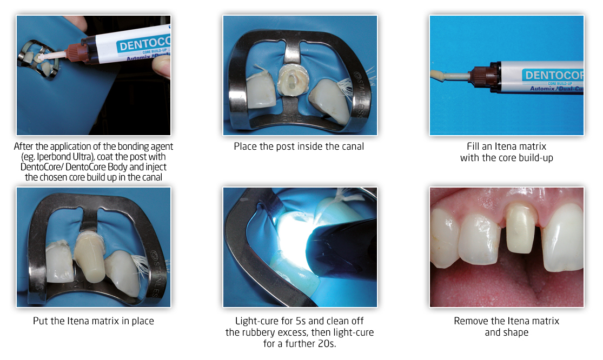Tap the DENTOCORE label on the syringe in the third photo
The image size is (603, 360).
coord(553,75)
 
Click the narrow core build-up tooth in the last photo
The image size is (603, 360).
coord(521,228)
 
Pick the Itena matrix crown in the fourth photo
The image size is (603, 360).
coord(90,256)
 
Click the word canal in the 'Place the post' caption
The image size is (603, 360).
coord(350,146)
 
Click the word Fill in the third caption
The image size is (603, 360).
coord(474,146)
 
